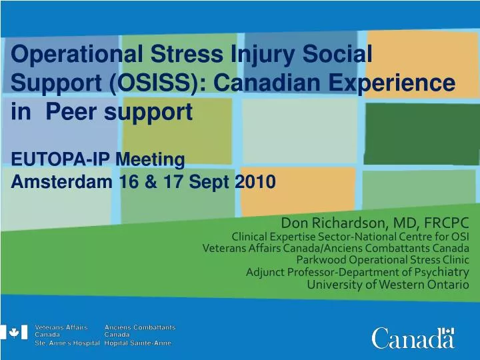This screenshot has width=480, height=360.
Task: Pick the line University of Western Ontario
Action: pos(388,284)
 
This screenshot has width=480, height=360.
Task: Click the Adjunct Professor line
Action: pos(357,271)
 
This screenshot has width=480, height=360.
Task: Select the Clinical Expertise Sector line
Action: pos(350,236)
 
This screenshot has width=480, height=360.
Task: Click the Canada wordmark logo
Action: pos(413,339)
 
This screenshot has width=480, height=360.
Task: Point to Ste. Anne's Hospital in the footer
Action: pos(67,343)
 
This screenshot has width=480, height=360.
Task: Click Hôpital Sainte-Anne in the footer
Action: pos(137,343)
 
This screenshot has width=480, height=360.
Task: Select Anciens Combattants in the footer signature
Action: pos(140,327)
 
